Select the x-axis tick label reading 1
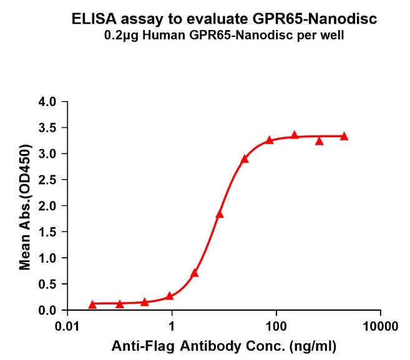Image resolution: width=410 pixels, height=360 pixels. pyautogui.click(x=172, y=326)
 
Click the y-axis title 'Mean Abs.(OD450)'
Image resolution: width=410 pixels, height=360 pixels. pyautogui.click(x=26, y=206)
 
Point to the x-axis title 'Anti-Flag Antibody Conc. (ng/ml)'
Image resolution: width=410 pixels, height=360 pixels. pyautogui.click(x=224, y=344)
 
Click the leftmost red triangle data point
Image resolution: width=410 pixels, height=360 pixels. pyautogui.click(x=93, y=304)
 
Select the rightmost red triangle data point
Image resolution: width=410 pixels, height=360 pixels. pyautogui.click(x=344, y=136)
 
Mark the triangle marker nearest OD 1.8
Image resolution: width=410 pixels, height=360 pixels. pyautogui.click(x=220, y=214)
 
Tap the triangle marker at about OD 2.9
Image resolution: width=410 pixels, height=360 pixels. pyautogui.click(x=245, y=159)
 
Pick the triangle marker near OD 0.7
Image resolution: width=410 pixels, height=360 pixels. pyautogui.click(x=195, y=273)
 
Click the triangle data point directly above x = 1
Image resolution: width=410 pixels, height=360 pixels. pyautogui.click(x=169, y=296)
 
